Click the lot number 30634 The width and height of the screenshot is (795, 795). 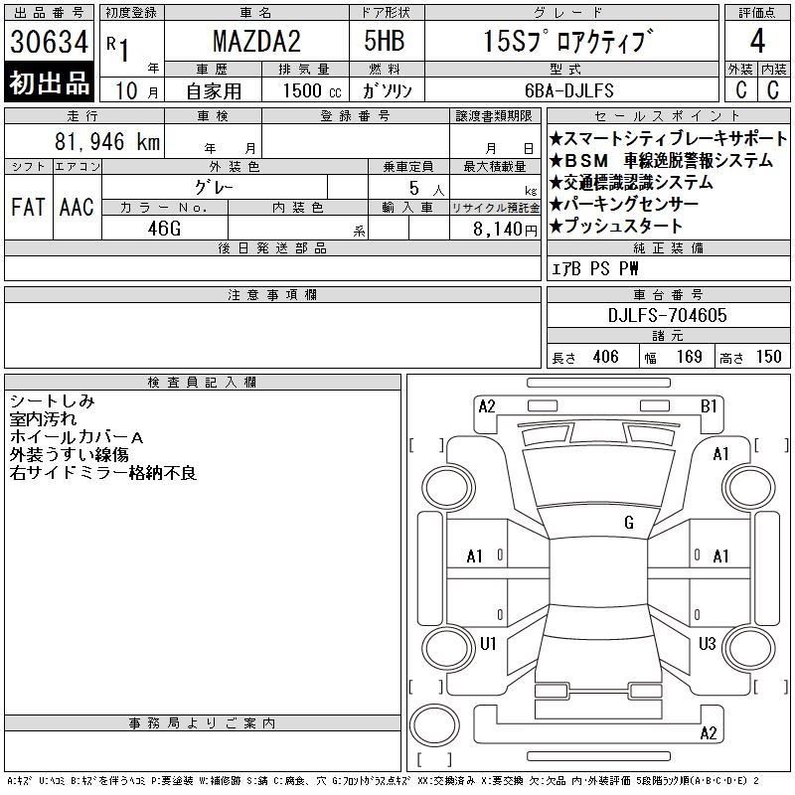click(x=49, y=42)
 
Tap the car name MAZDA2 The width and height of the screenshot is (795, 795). click(x=256, y=41)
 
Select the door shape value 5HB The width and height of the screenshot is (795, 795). click(x=385, y=41)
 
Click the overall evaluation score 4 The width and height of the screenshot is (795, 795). click(x=757, y=41)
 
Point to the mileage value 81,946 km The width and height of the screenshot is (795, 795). click(x=107, y=141)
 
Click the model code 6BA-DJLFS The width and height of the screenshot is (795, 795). click(x=569, y=90)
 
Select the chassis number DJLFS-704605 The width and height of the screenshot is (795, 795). click(x=667, y=315)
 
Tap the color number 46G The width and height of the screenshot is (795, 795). click(x=164, y=229)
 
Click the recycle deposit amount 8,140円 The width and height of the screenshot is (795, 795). click(x=505, y=230)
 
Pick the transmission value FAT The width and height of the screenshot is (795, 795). click(x=28, y=207)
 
